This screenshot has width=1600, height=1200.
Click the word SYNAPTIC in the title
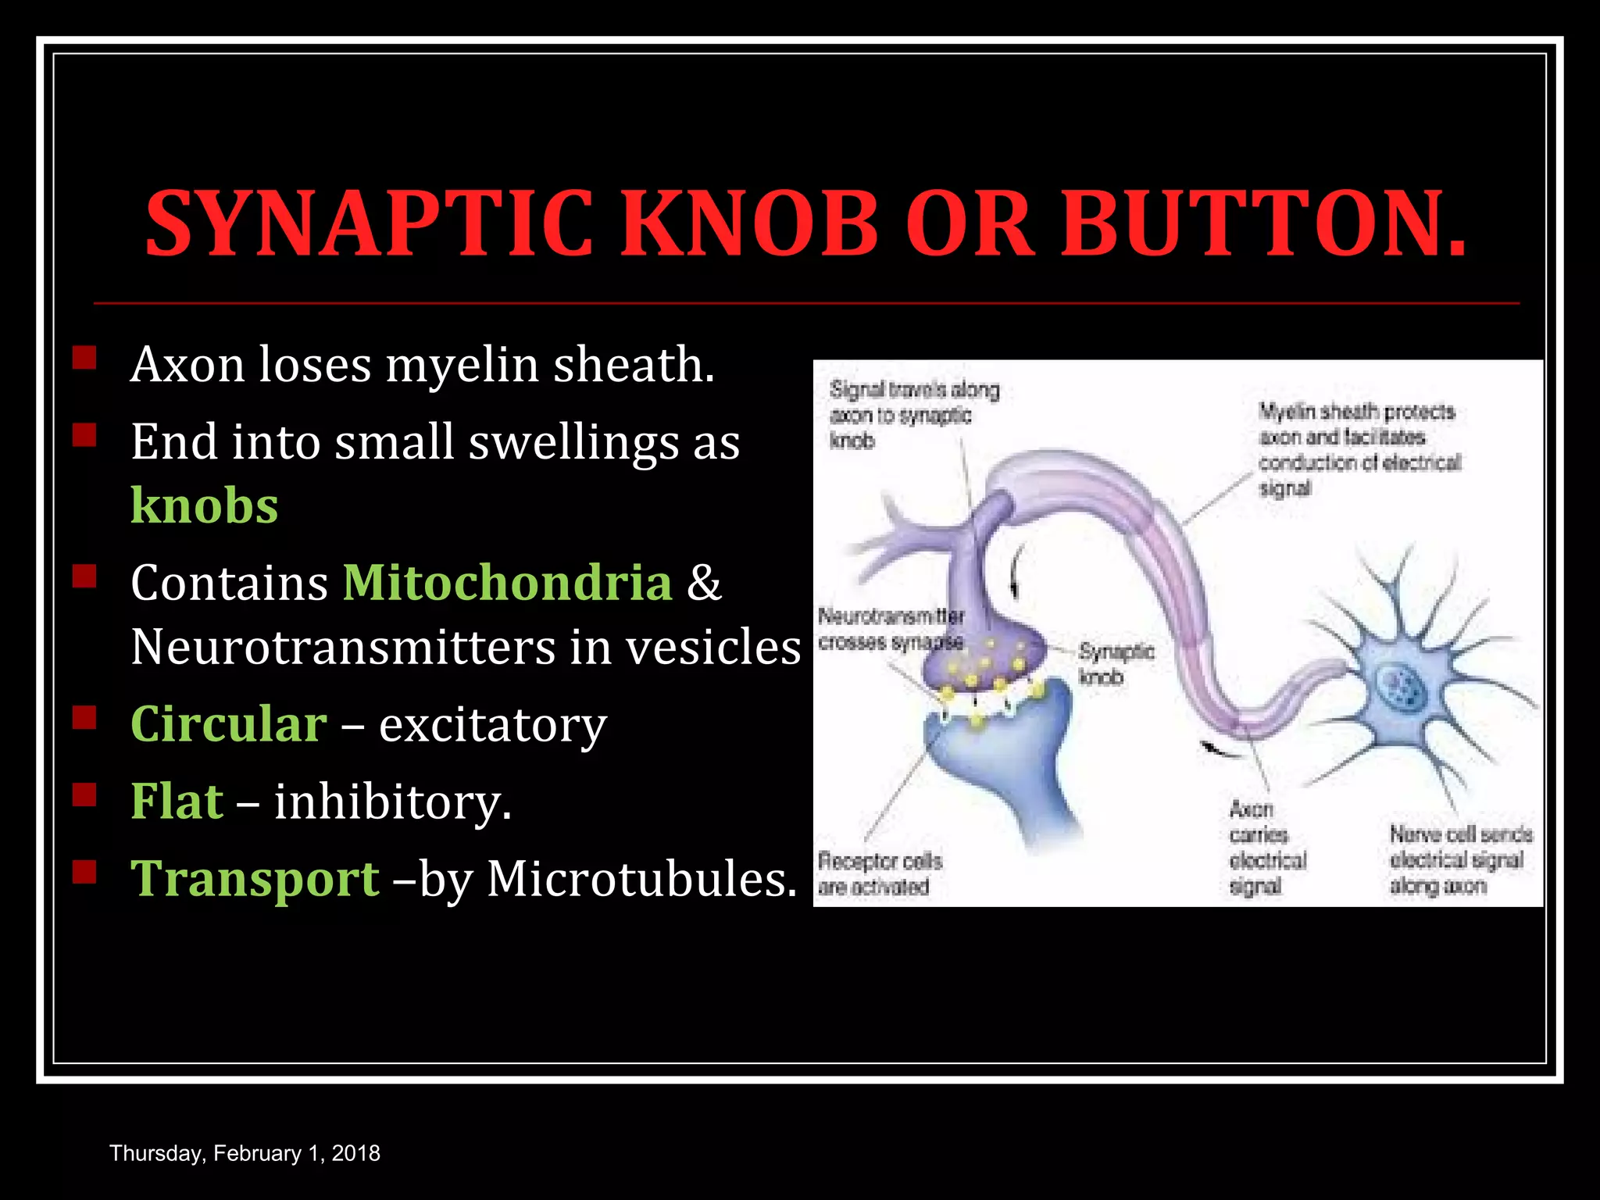(x=369, y=225)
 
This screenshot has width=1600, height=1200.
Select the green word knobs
(x=204, y=505)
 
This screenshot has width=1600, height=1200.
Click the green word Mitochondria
(x=507, y=582)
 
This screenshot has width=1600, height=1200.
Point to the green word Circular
(x=228, y=723)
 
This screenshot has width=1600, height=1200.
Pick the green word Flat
(x=177, y=801)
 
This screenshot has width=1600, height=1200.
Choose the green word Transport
(x=255, y=878)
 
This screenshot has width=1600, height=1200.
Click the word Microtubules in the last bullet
(x=641, y=878)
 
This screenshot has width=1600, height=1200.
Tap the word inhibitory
(x=392, y=802)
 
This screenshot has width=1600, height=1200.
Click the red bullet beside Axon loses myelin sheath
(x=84, y=358)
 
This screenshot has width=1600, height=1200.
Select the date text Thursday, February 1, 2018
(x=245, y=1153)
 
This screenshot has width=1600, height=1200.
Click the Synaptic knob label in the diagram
(x=1116, y=663)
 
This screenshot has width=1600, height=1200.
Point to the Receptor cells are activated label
(x=880, y=873)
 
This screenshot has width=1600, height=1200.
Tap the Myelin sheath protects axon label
(x=1359, y=449)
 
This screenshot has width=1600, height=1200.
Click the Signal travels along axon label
(x=913, y=414)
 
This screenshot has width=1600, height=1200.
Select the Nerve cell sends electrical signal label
(x=1459, y=859)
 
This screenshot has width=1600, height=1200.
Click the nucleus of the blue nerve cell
(x=1402, y=688)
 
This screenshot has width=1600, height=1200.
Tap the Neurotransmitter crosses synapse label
(x=891, y=629)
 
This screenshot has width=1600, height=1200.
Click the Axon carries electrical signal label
(x=1266, y=848)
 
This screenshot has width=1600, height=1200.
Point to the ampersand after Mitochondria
(x=704, y=582)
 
